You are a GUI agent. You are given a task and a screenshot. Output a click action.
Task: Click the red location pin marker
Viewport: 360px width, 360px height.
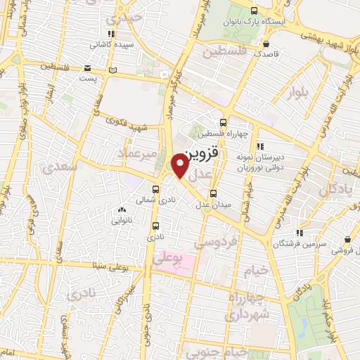181,165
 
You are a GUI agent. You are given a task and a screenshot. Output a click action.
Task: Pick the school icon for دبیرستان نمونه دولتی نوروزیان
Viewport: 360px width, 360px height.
260,146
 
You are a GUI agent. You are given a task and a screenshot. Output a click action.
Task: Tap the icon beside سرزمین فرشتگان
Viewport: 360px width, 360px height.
300,233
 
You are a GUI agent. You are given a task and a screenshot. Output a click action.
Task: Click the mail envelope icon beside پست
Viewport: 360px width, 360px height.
87,68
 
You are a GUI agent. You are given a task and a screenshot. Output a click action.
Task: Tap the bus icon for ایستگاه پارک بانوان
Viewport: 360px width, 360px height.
255,10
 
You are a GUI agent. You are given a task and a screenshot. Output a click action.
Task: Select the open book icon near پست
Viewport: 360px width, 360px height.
114,70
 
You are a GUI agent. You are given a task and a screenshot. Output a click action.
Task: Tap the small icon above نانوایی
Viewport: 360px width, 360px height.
122,210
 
